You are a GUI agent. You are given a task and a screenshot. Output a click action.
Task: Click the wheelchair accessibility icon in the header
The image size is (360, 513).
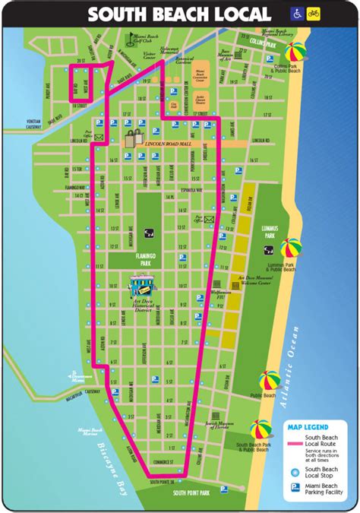pos(296,13)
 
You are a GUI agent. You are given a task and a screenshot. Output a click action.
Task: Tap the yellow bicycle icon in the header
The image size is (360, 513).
pos(312,13)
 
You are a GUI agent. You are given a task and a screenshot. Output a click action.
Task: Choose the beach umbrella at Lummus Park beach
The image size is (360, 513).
pos(291,249)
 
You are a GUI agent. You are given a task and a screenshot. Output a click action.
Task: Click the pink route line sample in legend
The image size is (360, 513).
pos(294,440)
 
